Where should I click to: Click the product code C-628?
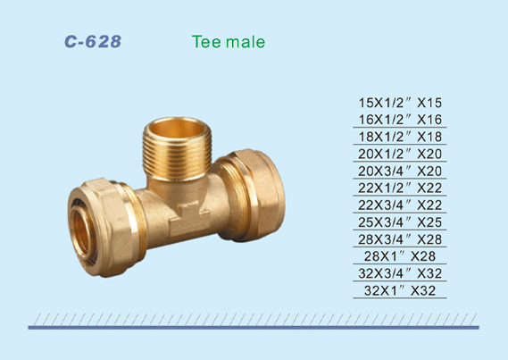point(93,41)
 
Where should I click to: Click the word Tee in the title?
point(206,42)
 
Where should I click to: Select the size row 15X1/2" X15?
point(400,103)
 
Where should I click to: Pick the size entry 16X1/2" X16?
point(400,120)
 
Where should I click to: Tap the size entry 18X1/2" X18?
point(400,137)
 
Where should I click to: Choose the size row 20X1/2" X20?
point(400,154)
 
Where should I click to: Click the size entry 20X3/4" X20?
point(400,172)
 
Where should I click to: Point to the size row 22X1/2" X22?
point(400,188)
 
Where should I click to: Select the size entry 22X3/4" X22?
point(400,205)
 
